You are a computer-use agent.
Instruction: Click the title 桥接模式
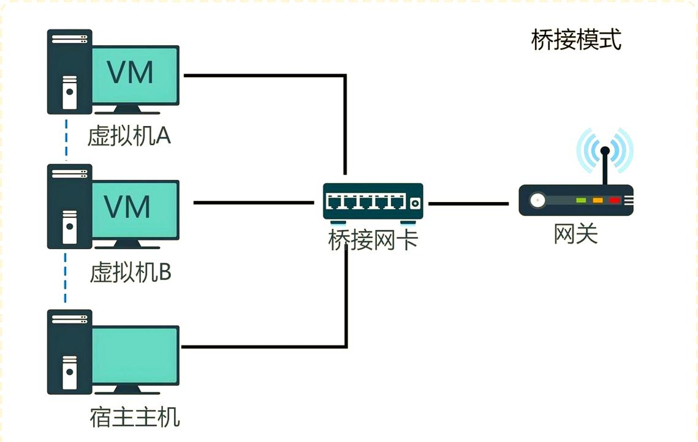point(576,40)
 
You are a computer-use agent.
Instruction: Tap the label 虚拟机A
point(129,136)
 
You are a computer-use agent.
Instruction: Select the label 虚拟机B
point(130,272)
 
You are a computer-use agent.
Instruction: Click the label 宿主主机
point(135,418)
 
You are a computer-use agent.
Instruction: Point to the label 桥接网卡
point(373,239)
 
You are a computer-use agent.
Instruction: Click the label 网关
point(575,234)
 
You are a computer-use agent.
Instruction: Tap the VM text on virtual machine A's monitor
point(131,72)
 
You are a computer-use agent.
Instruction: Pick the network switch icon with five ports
point(373,201)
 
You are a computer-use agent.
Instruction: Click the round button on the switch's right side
point(415,203)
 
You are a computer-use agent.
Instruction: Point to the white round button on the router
point(538,200)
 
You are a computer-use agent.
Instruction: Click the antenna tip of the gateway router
point(605,150)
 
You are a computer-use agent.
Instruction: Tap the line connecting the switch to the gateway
point(468,203)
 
